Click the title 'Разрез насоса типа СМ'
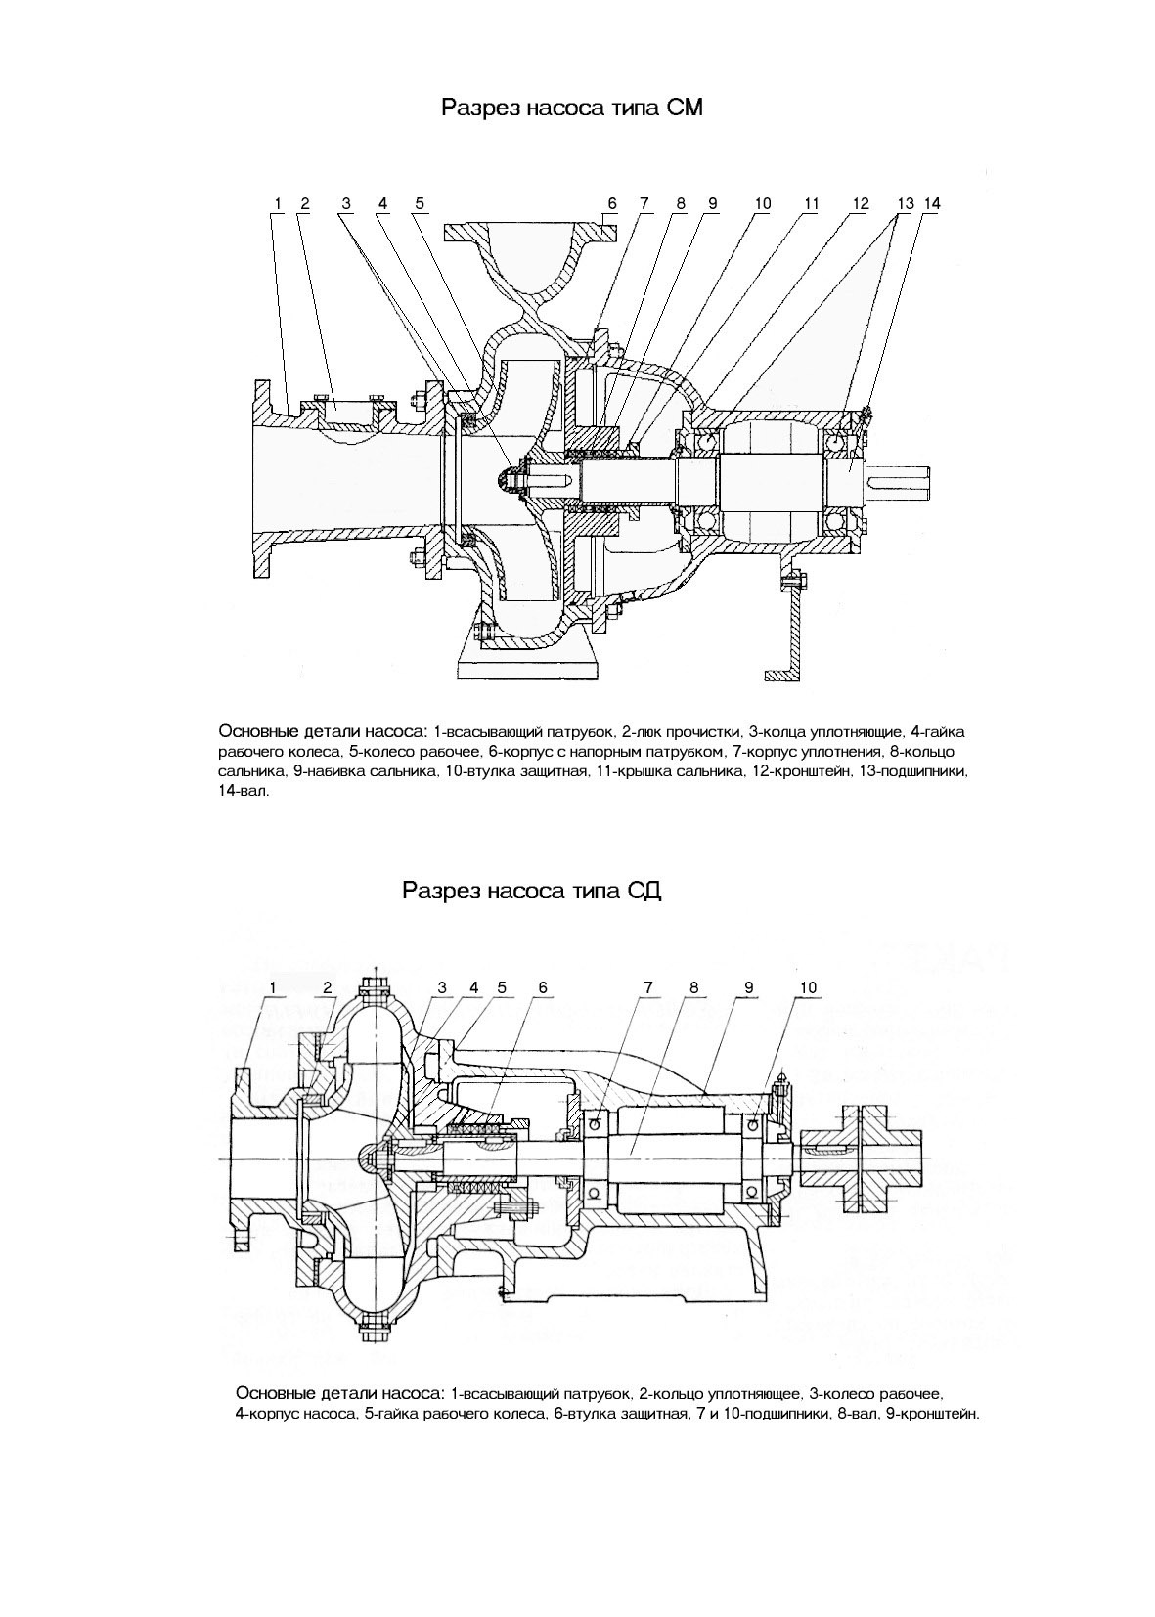[x=572, y=107]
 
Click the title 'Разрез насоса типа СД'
[x=532, y=891]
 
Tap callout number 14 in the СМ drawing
[x=932, y=203]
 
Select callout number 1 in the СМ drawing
[x=278, y=203]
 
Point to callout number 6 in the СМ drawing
[x=612, y=203]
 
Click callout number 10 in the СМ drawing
[x=763, y=203]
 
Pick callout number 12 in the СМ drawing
[x=861, y=203]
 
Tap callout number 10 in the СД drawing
[x=808, y=987]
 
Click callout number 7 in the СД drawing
[x=647, y=987]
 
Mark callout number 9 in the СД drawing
[x=749, y=987]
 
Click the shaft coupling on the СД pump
[x=860, y=1158]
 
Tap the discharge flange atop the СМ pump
[x=530, y=232]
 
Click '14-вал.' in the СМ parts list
[x=244, y=791]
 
